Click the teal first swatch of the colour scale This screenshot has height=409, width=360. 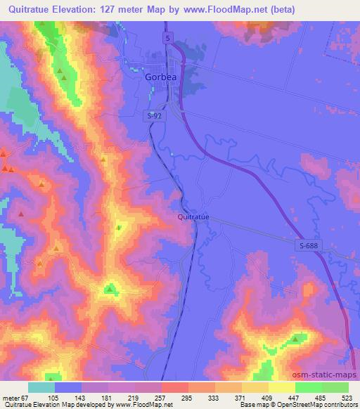coord(41,387)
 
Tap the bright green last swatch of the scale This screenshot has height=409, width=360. coord(335,387)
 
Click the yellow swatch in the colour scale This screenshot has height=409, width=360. coord(281,387)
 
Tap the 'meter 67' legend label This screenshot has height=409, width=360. coord(16,397)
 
